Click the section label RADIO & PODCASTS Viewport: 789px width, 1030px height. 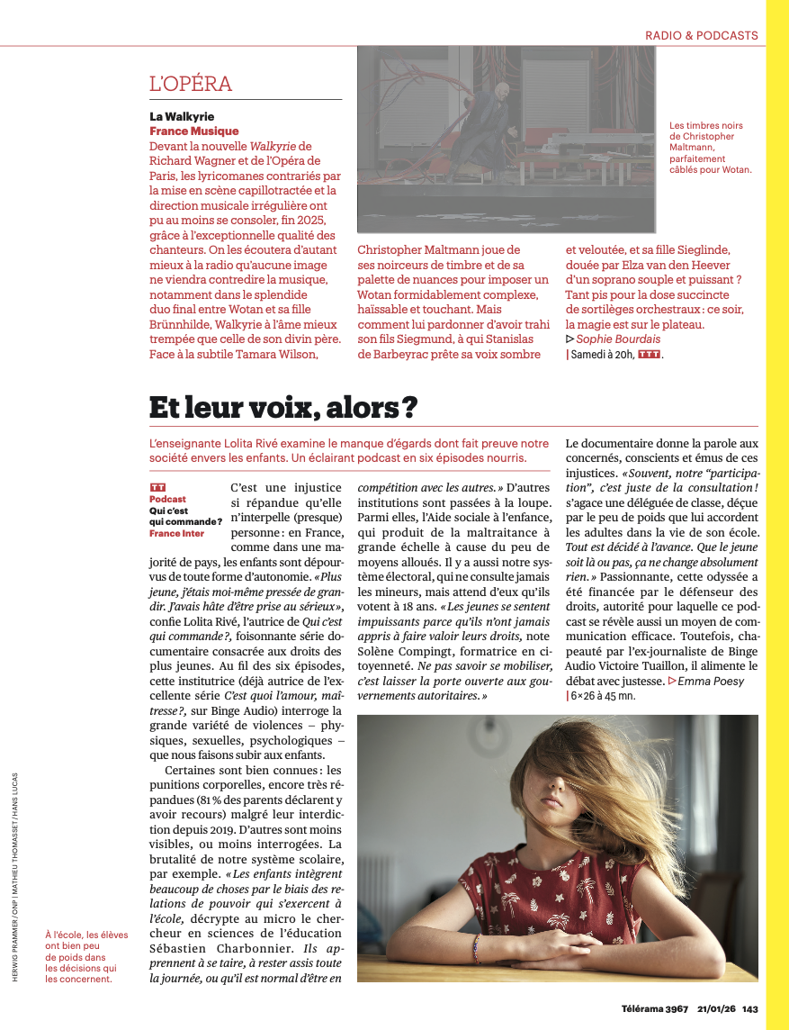click(701, 36)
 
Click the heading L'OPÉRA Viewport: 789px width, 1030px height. click(191, 85)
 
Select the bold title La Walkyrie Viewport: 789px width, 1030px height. click(182, 116)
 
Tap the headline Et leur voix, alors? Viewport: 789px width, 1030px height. click(283, 408)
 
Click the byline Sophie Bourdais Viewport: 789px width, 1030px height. click(617, 339)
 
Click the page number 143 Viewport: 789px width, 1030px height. click(750, 1008)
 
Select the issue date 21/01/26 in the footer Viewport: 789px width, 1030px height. click(714, 1008)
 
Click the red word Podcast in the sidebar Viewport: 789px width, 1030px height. click(168, 499)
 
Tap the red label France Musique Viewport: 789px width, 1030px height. click(194, 131)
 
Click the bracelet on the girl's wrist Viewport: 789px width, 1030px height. click(476, 949)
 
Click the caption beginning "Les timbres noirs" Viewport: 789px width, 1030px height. click(710, 148)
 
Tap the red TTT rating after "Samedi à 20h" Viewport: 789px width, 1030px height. click(649, 355)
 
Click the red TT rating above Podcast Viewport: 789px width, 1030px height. click(158, 487)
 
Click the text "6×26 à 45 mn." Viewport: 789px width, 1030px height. click(602, 696)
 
